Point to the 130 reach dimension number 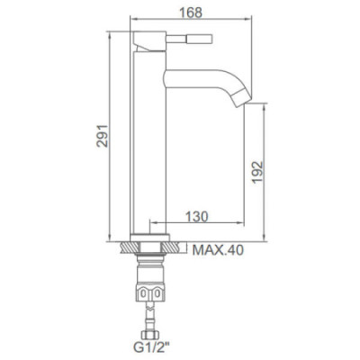[x=198, y=217]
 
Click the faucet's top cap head [x=149, y=41]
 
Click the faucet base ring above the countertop [x=150, y=237]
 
